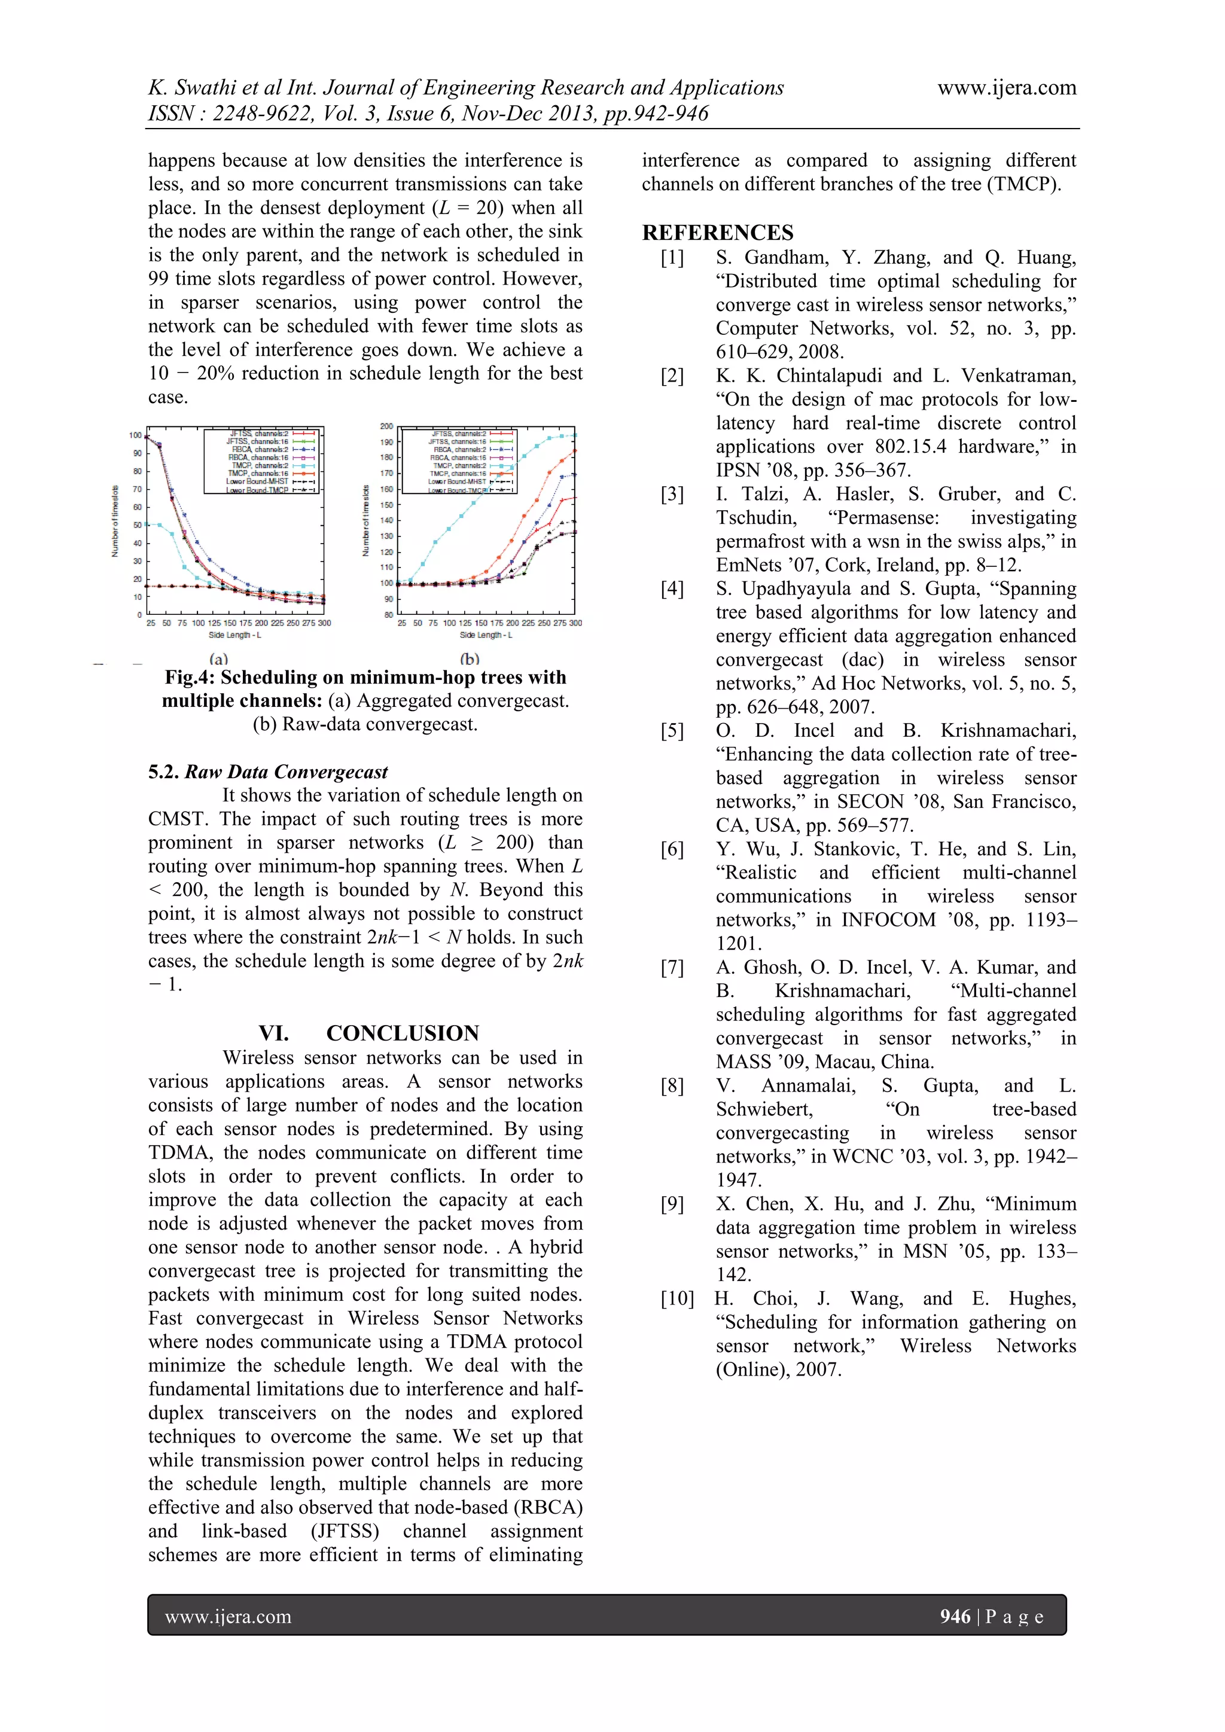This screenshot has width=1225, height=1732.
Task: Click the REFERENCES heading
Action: pyautogui.click(x=717, y=232)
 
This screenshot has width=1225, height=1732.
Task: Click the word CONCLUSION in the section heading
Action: pyautogui.click(x=403, y=1033)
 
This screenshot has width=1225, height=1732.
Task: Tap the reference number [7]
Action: pyautogui.click(x=672, y=968)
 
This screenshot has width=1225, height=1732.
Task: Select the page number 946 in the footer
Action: pyautogui.click(x=955, y=1616)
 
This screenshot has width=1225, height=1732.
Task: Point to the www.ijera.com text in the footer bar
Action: pyautogui.click(x=228, y=1617)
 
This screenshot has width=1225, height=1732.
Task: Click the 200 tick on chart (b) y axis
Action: pyautogui.click(x=386, y=427)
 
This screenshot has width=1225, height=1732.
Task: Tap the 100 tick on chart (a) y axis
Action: pyautogui.click(x=135, y=435)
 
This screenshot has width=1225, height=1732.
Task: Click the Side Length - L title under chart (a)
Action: pyautogui.click(x=235, y=635)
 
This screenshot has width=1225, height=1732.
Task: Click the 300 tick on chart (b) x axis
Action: pyautogui.click(x=575, y=623)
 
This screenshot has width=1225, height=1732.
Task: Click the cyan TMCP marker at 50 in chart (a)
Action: pyautogui.click(x=159, y=525)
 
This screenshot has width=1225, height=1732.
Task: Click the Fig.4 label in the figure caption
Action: pyautogui.click(x=190, y=678)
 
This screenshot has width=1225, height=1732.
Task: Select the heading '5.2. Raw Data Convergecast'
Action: pyautogui.click(x=268, y=772)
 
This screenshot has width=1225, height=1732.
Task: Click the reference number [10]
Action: pyautogui.click(x=676, y=1299)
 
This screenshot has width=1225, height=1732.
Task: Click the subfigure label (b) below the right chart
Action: pyautogui.click(x=469, y=658)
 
